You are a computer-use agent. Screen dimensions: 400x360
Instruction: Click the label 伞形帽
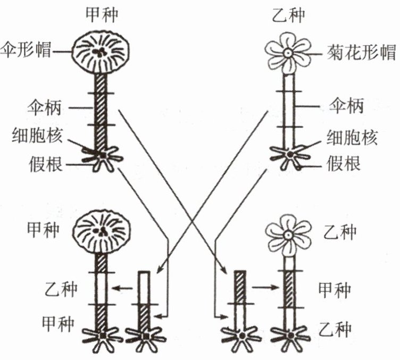click(x=26, y=50)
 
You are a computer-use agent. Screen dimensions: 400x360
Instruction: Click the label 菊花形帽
click(x=362, y=53)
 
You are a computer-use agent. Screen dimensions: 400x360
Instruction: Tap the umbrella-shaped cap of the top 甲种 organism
click(x=100, y=52)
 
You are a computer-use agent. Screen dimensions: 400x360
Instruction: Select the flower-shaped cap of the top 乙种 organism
click(x=288, y=53)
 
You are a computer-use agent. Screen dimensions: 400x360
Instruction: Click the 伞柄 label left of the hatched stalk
click(x=44, y=107)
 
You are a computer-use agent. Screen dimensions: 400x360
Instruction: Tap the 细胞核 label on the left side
click(x=37, y=135)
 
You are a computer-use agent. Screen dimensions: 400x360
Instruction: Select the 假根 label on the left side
click(x=45, y=164)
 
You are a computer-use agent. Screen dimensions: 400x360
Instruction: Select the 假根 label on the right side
click(x=344, y=163)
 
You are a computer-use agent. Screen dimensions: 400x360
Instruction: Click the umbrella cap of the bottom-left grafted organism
click(x=102, y=231)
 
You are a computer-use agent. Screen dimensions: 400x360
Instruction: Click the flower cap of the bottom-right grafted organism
click(x=288, y=235)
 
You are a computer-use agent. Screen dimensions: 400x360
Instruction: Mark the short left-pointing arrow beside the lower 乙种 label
click(x=122, y=288)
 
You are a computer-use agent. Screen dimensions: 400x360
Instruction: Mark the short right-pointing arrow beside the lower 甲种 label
click(x=265, y=287)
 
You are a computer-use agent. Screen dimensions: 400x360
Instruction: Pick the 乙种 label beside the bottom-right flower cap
click(x=340, y=232)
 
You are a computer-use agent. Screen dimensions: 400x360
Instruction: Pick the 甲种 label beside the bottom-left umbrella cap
click(x=44, y=230)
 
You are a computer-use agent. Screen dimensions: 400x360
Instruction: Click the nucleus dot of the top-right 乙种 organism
click(x=290, y=154)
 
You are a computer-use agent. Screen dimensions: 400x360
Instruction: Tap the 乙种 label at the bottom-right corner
click(x=335, y=329)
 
